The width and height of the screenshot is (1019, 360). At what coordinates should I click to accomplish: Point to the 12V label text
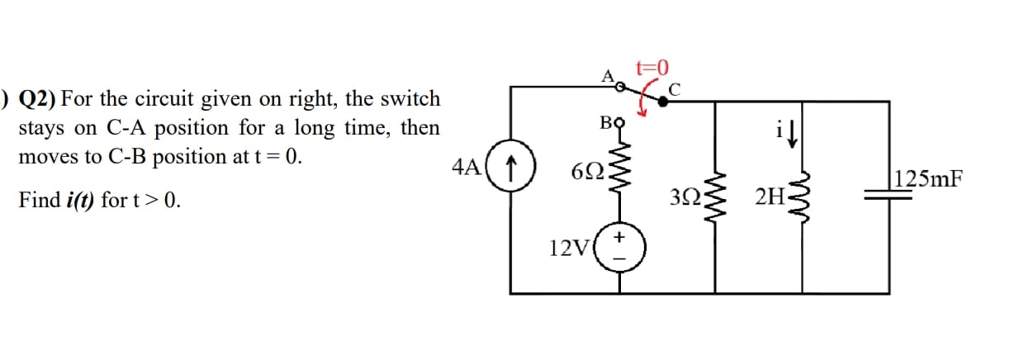tap(568, 247)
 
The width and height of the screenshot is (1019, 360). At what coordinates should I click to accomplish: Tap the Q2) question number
tap(37, 100)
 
